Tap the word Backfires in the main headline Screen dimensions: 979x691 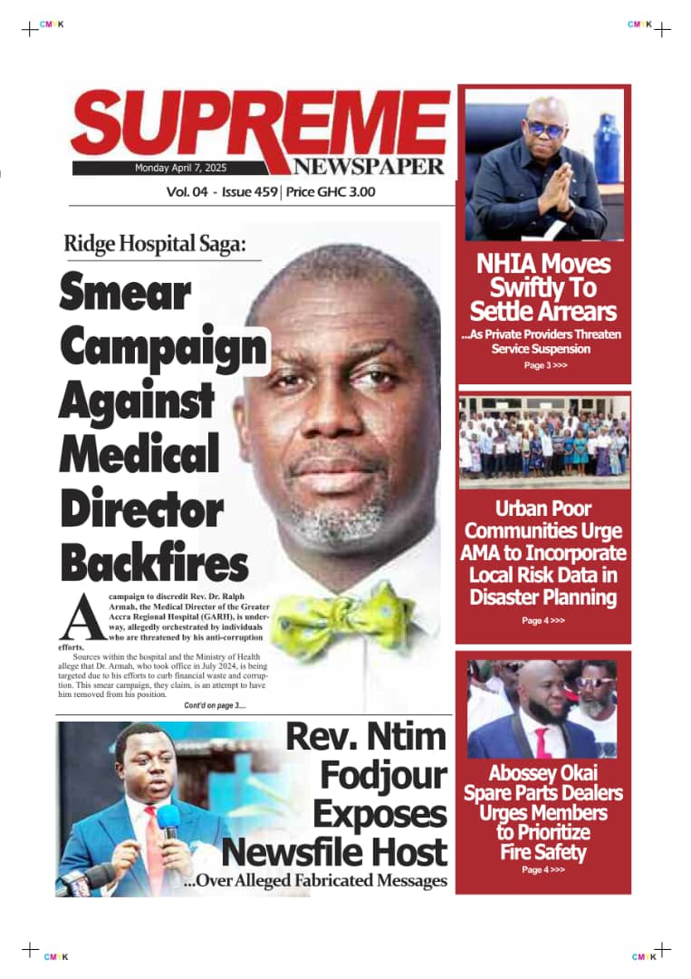[154, 564]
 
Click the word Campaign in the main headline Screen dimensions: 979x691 [164, 346]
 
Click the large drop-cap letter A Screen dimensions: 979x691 [76, 616]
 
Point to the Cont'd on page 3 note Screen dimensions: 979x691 [214, 705]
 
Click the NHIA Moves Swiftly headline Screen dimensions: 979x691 [543, 287]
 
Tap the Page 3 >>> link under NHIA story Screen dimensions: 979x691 [544, 365]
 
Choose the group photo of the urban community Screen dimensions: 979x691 [544, 439]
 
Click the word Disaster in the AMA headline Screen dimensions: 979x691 [508, 596]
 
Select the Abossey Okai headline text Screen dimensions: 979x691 [543, 813]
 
